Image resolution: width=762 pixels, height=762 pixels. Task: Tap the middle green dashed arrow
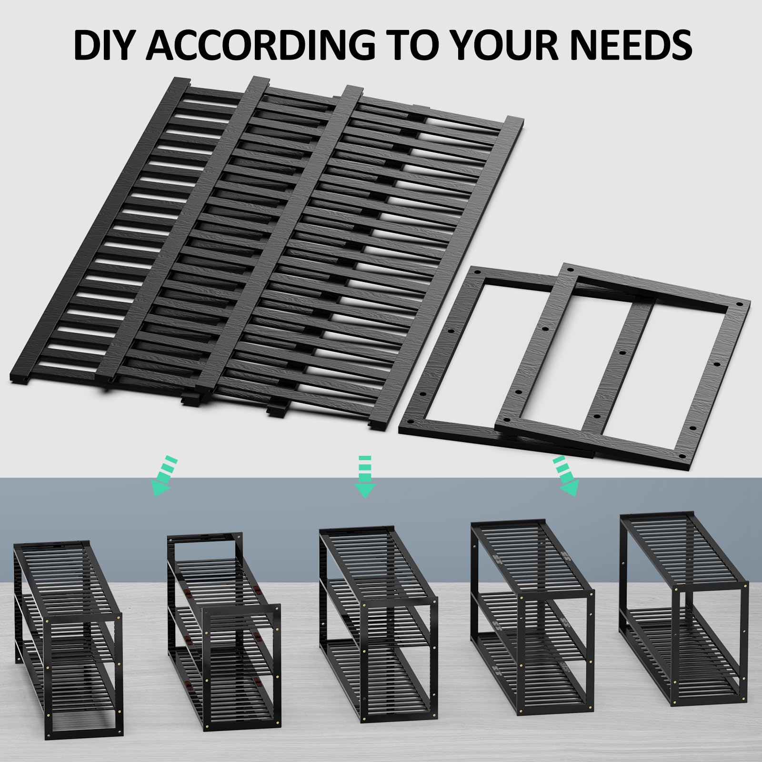coord(365,477)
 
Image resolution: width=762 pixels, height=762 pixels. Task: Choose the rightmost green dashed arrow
coord(566,476)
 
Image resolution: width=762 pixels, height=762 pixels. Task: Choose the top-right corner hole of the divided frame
coord(739,303)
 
